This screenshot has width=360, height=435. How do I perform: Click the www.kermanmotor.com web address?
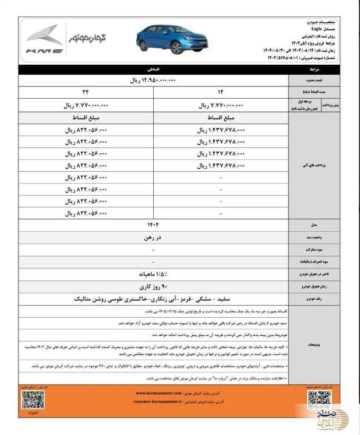[x=159, y=393]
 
